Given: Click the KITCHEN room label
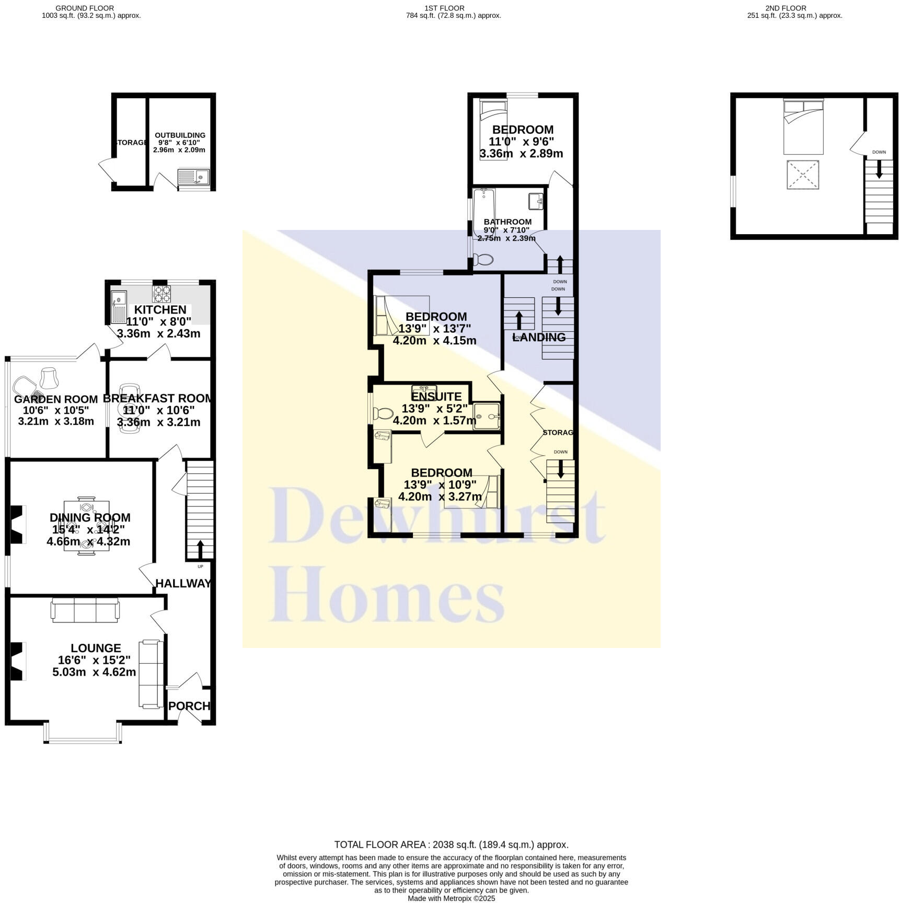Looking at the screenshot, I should coord(160,310).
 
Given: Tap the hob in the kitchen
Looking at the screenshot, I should coord(161,294).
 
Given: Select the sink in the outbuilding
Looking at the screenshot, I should coord(193,178).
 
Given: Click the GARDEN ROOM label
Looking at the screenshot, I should coord(56,399).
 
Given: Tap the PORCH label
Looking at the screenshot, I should coord(189,706).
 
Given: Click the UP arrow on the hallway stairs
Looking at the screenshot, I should coord(200,549).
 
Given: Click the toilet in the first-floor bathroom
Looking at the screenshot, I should coord(483,260).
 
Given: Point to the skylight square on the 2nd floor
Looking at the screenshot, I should coord(803,175).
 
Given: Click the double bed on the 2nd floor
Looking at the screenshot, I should coord(803,126).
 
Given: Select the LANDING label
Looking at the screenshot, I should coord(539,338).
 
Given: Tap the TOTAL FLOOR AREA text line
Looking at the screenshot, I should coord(451,844).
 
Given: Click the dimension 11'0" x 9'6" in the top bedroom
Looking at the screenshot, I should coord(521,142).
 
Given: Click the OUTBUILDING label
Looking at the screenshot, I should coord(180,135).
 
